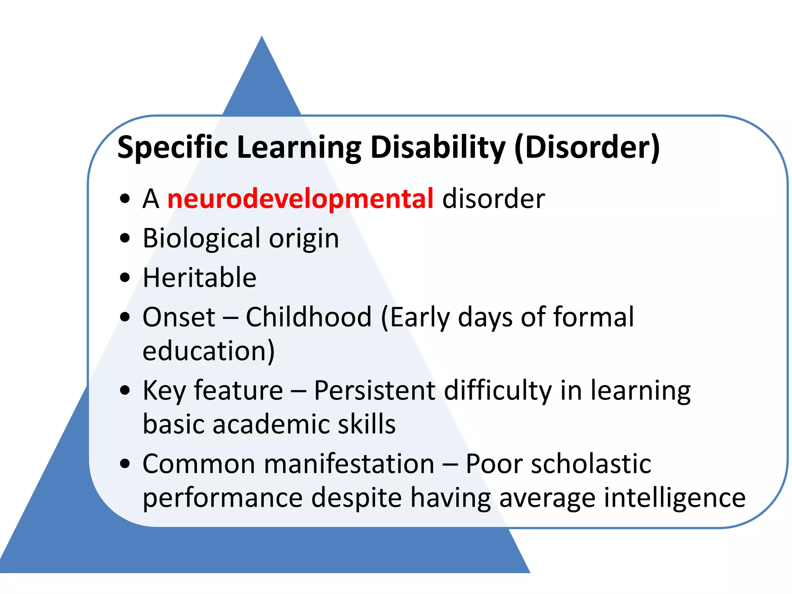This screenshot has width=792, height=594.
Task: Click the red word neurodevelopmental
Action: tap(300, 199)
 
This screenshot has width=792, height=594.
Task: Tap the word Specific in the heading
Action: tap(172, 147)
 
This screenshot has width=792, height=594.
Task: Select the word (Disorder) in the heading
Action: tap(587, 147)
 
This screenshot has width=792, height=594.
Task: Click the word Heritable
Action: tap(199, 278)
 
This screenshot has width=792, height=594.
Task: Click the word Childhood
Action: tap(309, 317)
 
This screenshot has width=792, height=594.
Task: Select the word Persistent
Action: tap(374, 391)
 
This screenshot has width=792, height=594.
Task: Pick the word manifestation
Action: tap(349, 464)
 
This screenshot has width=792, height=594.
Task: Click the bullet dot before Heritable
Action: tap(125, 278)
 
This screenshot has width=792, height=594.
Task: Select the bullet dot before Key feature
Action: tap(125, 391)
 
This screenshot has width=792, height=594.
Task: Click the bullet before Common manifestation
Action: tap(125, 464)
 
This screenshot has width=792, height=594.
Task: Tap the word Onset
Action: tap(179, 317)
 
